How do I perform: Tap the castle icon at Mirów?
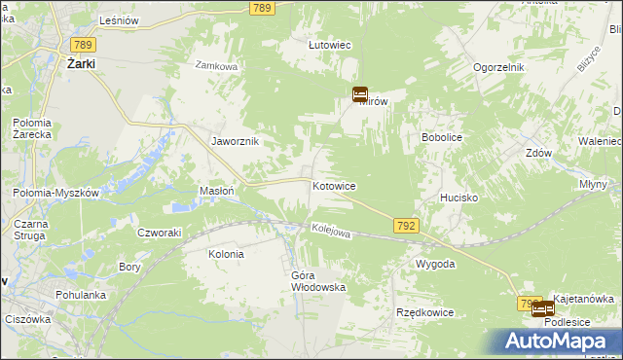coord(359,94)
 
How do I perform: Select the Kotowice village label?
coord(334,185)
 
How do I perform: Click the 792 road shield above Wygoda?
coord(408,226)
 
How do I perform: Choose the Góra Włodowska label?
coord(318,281)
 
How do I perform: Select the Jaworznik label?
coord(236,141)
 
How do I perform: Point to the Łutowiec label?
coord(329,45)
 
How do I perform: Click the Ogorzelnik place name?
coord(499,67)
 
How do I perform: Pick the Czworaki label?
coord(160,232)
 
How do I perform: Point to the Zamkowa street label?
coord(216,66)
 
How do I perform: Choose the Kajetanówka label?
coord(583,299)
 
